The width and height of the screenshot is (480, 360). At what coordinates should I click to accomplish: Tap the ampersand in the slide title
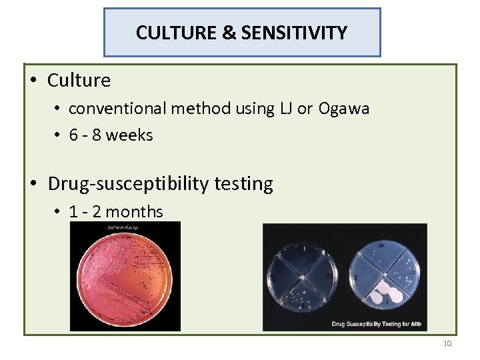click(229, 33)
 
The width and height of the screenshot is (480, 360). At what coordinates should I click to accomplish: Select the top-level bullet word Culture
click(79, 81)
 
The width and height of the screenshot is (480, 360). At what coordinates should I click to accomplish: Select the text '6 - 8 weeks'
click(111, 135)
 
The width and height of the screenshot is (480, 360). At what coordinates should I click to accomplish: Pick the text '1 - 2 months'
click(116, 212)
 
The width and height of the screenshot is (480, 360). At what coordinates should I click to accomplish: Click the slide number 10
click(447, 343)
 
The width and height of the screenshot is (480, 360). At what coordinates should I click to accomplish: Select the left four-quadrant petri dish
click(303, 274)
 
